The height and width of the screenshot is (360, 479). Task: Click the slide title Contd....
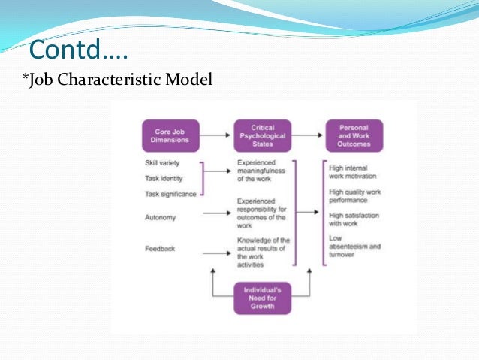[78, 52]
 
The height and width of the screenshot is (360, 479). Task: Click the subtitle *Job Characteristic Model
[118, 79]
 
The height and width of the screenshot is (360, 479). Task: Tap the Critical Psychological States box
[262, 136]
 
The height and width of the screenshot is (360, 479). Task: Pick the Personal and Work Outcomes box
[354, 136]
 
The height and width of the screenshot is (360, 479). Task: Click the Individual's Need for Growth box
[262, 298]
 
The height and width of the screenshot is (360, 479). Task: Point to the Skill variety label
[162, 163]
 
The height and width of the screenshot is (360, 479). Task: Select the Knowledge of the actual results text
[262, 252]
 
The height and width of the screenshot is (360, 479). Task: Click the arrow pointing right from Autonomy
[217, 213]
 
